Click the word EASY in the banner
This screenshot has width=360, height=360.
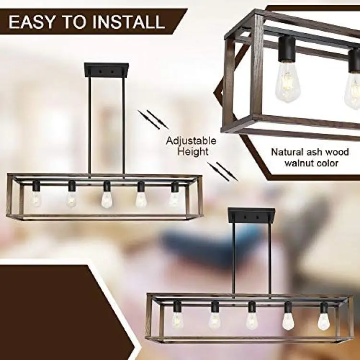(x=32, y=22)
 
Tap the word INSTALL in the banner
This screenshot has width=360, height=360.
(x=129, y=22)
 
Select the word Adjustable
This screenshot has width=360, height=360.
(x=191, y=141)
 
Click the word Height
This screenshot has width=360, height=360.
(x=193, y=152)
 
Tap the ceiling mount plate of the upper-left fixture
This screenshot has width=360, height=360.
(x=106, y=70)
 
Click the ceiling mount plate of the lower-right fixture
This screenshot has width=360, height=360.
(x=251, y=216)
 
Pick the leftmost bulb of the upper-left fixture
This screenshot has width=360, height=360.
(x=36, y=199)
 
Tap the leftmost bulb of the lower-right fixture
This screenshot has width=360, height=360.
(x=177, y=320)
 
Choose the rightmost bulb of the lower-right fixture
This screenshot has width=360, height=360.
(x=323, y=321)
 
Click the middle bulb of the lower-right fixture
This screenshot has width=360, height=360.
(x=252, y=320)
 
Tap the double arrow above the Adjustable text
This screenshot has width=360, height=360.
(x=153, y=120)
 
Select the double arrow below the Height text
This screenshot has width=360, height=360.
(x=223, y=171)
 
